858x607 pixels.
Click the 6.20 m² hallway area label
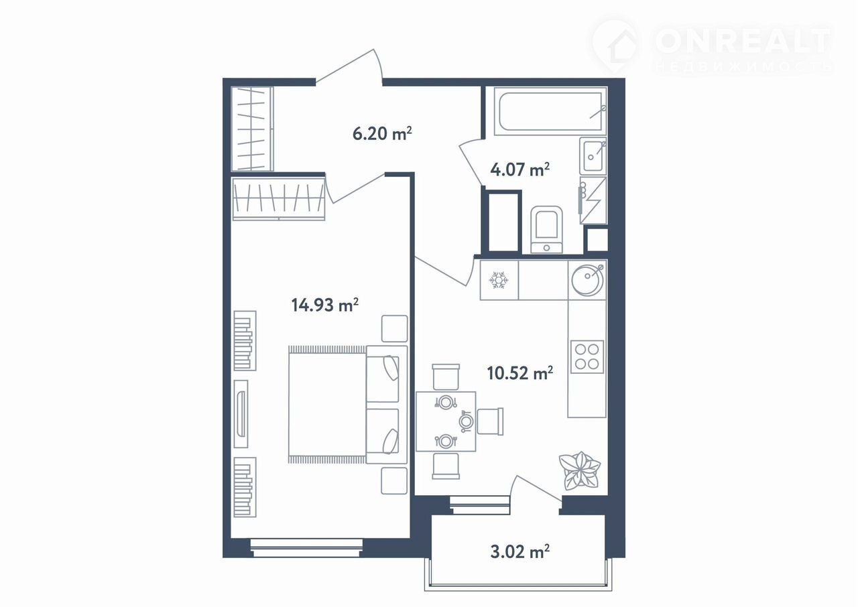[x=382, y=134]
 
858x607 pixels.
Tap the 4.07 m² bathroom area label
[x=519, y=170]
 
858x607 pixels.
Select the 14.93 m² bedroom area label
[x=325, y=305]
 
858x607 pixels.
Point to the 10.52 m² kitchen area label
[x=519, y=373]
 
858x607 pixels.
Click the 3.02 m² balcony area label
[x=519, y=552]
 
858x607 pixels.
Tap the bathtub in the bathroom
[x=550, y=111]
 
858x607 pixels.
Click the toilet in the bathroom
[x=546, y=230]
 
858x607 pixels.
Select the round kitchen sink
[x=587, y=280]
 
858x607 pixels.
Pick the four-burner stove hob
[x=587, y=356]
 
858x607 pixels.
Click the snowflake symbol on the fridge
[x=498, y=280]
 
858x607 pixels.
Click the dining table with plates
[x=446, y=421]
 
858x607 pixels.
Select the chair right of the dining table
[x=490, y=421]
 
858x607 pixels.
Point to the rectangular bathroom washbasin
[x=593, y=155]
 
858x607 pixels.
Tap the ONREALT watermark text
[x=743, y=41]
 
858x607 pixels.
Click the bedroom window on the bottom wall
[x=306, y=547]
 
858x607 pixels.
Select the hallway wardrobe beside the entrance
[x=252, y=129]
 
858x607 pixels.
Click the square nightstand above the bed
[x=394, y=328]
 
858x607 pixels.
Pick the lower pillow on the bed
[x=390, y=442]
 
